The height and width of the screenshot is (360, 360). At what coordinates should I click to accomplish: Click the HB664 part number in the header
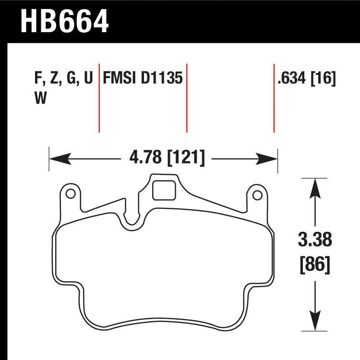coord(64,21)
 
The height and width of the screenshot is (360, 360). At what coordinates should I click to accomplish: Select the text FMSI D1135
coord(143,78)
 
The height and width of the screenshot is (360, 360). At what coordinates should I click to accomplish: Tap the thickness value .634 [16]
coord(306,78)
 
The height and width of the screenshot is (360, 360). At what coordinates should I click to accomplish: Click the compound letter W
coord(40,98)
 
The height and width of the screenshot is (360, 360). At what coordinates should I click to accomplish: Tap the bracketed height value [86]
coord(314,264)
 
